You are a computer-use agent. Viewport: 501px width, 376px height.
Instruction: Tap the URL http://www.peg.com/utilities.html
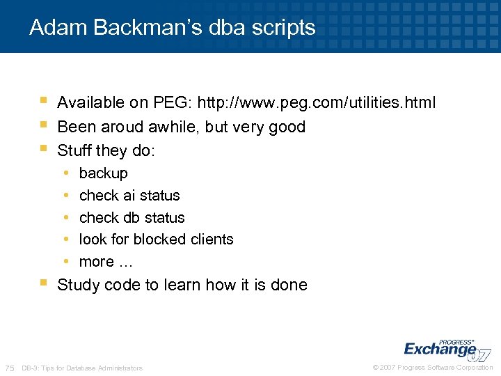(317, 103)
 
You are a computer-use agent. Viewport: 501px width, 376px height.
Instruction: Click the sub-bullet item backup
(104, 173)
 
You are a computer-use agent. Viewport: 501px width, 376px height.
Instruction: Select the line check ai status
(129, 195)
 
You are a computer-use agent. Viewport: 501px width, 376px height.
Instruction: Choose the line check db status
(132, 217)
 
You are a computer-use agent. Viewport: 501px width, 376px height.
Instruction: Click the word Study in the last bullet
(78, 285)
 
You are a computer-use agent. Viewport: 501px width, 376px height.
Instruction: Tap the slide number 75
(9, 368)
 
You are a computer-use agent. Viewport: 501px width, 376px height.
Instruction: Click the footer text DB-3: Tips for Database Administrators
(82, 368)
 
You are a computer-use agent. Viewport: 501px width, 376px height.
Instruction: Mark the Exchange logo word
(439, 348)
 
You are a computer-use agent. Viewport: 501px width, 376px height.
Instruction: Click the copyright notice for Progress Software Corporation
(433, 368)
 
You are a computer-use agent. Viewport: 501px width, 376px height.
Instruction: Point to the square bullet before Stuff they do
(43, 149)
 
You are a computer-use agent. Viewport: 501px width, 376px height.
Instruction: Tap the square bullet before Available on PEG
(43, 102)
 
